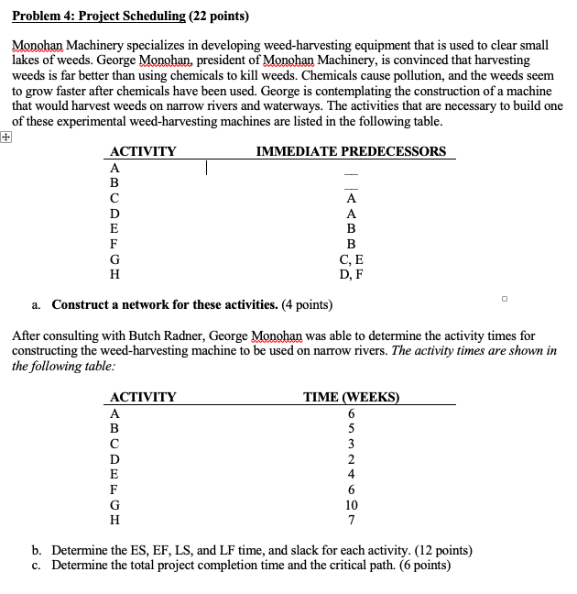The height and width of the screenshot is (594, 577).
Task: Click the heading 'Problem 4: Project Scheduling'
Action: click(x=98, y=16)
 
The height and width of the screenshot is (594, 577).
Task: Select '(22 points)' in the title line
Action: click(x=218, y=16)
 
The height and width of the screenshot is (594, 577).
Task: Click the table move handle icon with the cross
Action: click(x=6, y=136)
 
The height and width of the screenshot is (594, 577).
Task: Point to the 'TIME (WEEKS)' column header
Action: click(x=352, y=397)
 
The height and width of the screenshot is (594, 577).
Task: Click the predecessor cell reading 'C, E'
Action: click(x=352, y=259)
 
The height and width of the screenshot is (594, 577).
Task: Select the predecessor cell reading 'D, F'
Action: click(x=352, y=274)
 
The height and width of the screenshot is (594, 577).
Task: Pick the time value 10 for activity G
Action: click(x=352, y=504)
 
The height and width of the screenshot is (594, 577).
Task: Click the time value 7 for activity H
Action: click(x=352, y=519)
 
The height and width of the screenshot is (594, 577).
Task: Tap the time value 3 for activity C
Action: click(x=352, y=444)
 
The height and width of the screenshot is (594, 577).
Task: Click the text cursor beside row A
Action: click(x=209, y=168)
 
